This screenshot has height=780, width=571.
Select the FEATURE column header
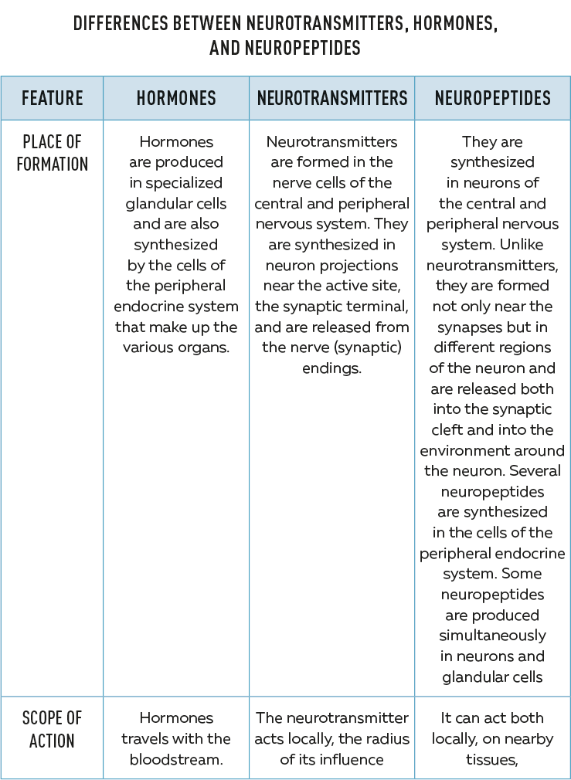tap(52, 98)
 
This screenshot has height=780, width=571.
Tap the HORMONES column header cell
tap(176, 98)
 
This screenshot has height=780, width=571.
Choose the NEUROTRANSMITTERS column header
tap(331, 98)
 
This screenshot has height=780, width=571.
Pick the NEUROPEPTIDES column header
tap(492, 98)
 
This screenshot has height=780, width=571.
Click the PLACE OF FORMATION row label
tap(52, 153)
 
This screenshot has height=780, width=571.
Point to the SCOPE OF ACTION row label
tap(52, 730)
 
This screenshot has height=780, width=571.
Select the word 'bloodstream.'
tap(176, 759)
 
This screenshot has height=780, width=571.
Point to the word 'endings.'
tap(331, 368)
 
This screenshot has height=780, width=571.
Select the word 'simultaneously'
tap(492, 636)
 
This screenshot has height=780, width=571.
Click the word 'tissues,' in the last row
tap(492, 759)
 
